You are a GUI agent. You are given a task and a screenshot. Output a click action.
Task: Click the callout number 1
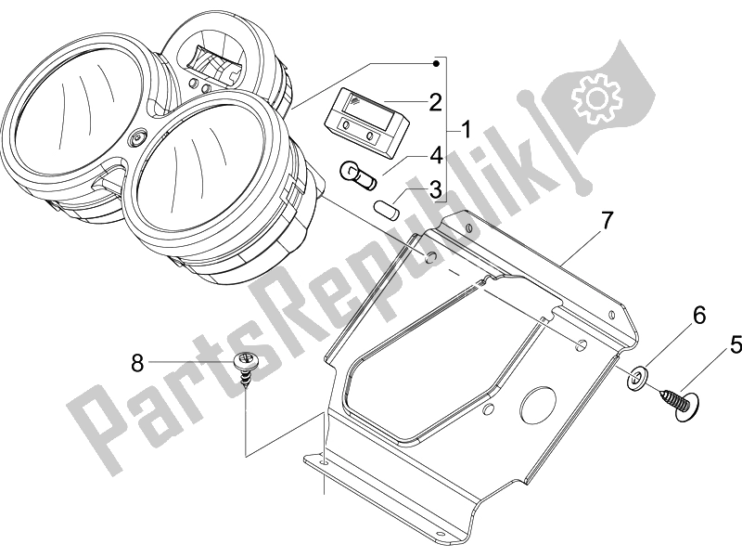point(467,129)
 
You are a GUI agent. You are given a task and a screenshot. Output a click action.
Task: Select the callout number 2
point(434,102)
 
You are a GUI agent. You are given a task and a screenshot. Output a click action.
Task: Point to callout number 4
point(434,155)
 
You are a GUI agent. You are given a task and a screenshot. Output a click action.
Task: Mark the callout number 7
point(607,221)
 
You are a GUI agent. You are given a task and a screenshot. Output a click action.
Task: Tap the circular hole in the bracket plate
point(536,405)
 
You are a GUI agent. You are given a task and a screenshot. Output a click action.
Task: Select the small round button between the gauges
point(139,138)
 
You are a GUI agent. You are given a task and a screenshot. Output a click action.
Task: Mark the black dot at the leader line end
point(437,62)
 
